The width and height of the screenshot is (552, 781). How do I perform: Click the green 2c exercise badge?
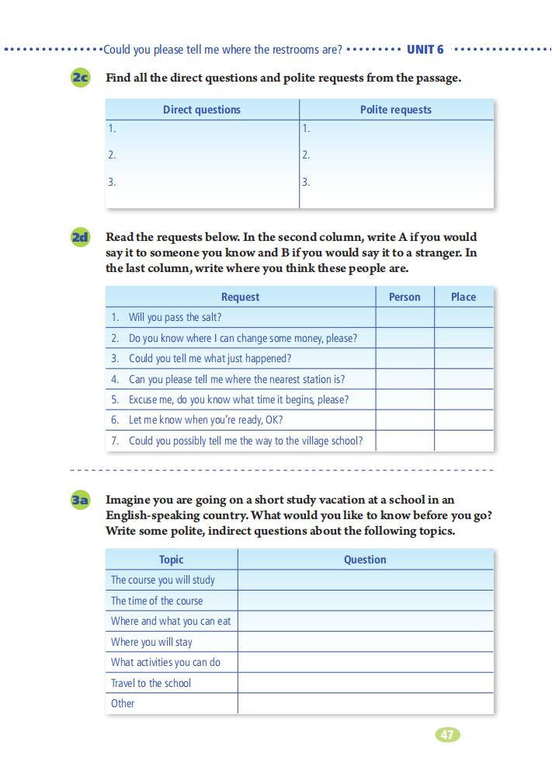(x=80, y=78)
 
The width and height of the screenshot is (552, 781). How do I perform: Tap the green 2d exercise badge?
(x=80, y=237)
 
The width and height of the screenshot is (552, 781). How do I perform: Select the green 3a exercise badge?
(x=80, y=500)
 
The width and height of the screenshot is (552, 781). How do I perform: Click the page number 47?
(x=448, y=734)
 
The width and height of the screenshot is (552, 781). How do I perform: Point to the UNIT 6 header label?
(x=425, y=50)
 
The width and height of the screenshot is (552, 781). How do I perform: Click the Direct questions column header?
(x=202, y=110)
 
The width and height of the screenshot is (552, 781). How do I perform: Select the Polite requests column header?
(x=396, y=110)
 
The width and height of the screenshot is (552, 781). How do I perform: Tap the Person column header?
(x=404, y=297)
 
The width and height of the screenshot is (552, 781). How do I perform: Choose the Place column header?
(x=463, y=297)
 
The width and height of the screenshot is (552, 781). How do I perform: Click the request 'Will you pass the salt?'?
(x=175, y=317)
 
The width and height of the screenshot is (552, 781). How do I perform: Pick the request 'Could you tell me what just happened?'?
(x=210, y=358)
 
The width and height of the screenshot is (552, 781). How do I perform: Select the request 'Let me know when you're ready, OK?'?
(x=206, y=420)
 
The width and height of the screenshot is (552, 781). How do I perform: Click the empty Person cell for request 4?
(x=404, y=379)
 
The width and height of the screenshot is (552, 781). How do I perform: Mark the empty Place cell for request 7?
(x=463, y=441)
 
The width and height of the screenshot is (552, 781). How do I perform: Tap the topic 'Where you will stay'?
(x=151, y=642)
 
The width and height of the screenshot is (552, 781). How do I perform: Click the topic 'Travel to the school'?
(x=151, y=683)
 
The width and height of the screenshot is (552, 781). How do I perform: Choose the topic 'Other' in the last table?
(x=123, y=703)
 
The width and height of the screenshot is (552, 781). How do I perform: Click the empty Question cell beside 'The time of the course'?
(x=365, y=601)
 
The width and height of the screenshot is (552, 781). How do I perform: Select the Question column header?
(x=365, y=560)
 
